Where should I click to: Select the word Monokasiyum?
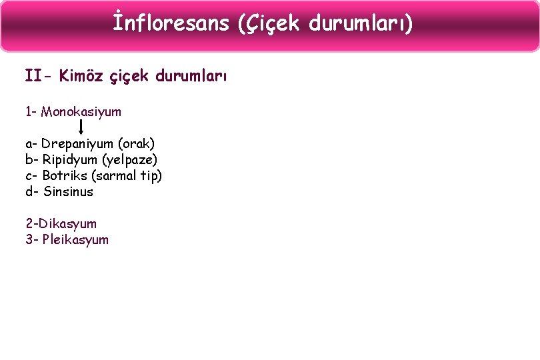(81, 111)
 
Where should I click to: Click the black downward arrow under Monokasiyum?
(81, 127)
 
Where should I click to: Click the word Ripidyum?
(70, 159)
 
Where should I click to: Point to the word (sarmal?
(114, 175)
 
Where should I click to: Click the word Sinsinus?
(68, 191)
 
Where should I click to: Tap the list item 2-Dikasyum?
(61, 223)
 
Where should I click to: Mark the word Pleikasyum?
(75, 239)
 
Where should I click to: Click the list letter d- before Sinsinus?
(32, 191)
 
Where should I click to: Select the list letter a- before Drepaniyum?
(32, 143)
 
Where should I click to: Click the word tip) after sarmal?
(151, 175)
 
